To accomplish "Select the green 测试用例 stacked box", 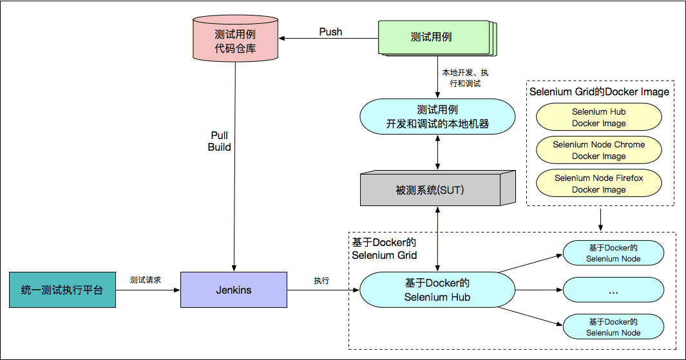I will (431, 37).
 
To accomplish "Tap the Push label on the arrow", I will (330, 32).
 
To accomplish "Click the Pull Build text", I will (219, 141).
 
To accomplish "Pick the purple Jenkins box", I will (233, 290).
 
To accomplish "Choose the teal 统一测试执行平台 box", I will (62, 290).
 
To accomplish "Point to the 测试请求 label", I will (145, 280).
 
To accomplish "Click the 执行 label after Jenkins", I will (321, 281).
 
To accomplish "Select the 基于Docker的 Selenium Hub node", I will (437, 290).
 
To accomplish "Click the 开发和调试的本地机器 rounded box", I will (437, 117).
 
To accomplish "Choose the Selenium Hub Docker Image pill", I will (598, 117).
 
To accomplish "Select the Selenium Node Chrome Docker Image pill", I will (598, 150).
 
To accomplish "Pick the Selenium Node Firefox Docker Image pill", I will (598, 184).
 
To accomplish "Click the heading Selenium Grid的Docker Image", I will (599, 91).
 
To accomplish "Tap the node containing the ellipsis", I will (613, 290).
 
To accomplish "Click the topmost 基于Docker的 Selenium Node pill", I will (613, 253).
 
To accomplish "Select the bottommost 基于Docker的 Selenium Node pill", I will (613, 327).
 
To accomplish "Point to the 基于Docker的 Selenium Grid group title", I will (384, 249).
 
